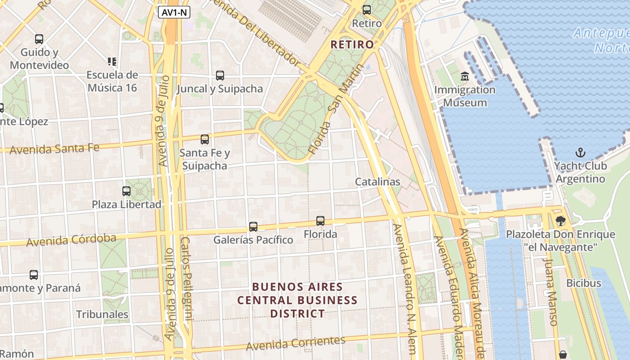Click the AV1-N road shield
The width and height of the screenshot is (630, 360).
[x=174, y=12]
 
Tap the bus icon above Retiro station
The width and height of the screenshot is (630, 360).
[x=367, y=9]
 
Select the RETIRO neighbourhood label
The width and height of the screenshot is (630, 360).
[x=352, y=45]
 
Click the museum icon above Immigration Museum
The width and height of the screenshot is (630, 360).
[x=465, y=76]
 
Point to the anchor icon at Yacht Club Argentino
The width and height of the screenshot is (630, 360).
[x=580, y=153]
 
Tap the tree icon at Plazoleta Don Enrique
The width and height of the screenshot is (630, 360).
[x=560, y=221]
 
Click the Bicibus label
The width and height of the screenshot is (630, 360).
[x=584, y=283]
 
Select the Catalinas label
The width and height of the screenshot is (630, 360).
[x=378, y=182]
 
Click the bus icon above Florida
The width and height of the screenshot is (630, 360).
[x=320, y=221]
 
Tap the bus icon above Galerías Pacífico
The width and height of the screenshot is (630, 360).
[x=253, y=227]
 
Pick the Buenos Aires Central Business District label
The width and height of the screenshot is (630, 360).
[x=297, y=300]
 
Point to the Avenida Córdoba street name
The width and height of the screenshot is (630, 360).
[x=71, y=240]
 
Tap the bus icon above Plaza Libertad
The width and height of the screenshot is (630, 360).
[x=126, y=191]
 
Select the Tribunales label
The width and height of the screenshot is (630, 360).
[x=102, y=314]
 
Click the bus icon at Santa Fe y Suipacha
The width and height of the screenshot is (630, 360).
[x=205, y=139]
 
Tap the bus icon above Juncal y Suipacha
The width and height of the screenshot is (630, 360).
[x=220, y=76]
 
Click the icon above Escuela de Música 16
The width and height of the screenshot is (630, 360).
[x=112, y=61]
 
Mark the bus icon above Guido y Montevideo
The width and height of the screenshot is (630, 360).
[x=39, y=39]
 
